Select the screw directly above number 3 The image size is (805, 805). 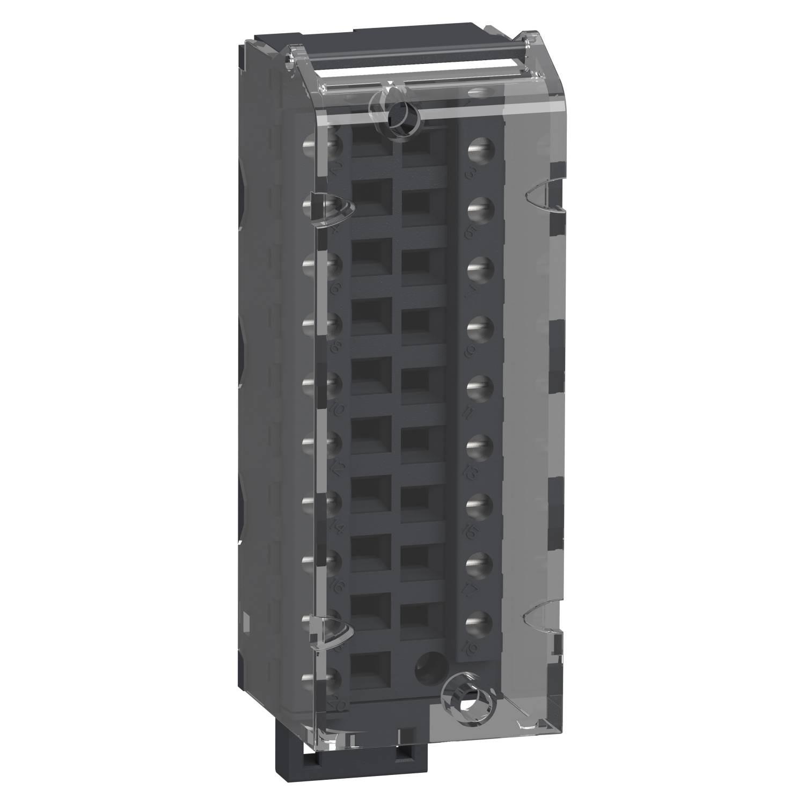(x=481, y=149)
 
